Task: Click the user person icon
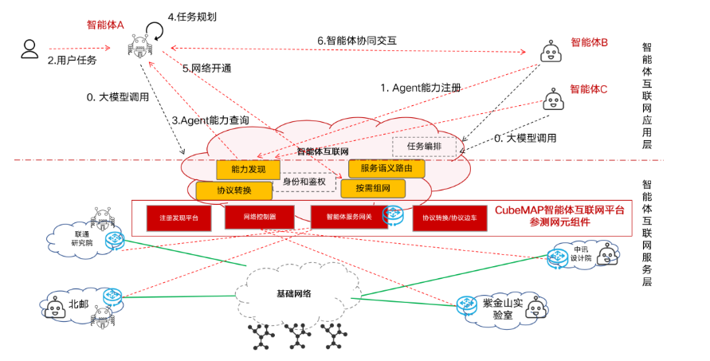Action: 29,49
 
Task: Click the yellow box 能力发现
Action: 248,170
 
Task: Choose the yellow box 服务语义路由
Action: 386,169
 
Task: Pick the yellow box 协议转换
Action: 233,190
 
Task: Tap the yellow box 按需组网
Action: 372,189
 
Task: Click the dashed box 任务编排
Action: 424,147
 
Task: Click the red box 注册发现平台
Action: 178,218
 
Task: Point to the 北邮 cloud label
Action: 79,304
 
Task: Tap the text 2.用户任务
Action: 73,60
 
